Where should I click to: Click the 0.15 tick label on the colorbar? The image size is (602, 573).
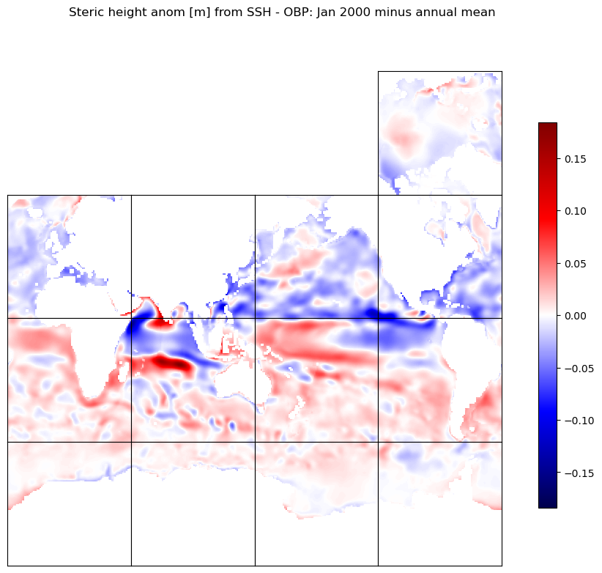tap(575, 159)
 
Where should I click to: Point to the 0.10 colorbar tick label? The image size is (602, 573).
tap(575, 211)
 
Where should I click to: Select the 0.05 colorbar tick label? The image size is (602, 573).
tap(575, 264)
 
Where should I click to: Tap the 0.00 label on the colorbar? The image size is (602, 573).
tap(575, 316)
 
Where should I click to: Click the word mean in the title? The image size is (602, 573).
tap(480, 12)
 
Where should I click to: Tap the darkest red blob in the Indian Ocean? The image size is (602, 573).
tap(171, 363)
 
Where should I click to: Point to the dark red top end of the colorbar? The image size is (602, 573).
tap(548, 127)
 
